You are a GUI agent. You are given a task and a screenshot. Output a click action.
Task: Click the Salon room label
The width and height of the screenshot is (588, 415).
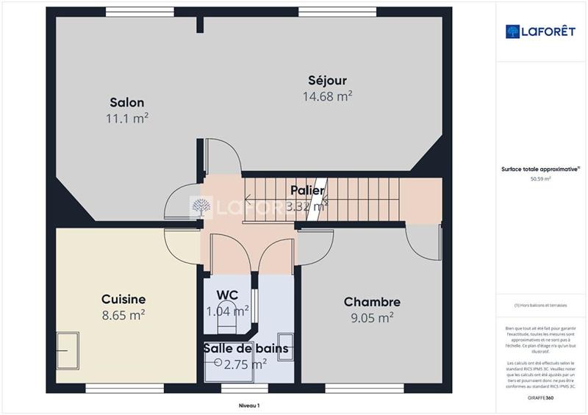[x=126, y=102]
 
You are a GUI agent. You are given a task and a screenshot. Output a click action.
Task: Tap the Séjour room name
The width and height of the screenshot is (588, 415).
[x=327, y=80]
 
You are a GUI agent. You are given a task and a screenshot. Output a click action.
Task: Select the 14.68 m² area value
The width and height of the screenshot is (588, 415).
[x=327, y=95]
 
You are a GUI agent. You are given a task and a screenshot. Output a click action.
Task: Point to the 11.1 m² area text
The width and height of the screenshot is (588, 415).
[x=126, y=118]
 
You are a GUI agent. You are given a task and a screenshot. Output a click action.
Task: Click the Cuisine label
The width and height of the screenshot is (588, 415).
[x=123, y=299]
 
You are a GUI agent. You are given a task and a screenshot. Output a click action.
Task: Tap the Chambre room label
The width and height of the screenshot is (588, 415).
[x=372, y=302]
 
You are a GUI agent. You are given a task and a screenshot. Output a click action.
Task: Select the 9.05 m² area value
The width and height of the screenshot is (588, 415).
[x=372, y=317]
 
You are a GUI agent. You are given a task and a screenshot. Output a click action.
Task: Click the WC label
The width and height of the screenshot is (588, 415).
[x=227, y=295]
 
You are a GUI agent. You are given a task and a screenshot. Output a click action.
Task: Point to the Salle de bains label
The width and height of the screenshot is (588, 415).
[x=238, y=347]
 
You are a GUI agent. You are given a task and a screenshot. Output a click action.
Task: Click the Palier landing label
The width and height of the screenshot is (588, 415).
[x=307, y=191]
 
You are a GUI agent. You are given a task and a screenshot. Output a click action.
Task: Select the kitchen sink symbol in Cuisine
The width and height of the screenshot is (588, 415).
[x=68, y=350]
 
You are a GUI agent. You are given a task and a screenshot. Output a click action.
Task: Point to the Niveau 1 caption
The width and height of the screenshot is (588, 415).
[x=249, y=405]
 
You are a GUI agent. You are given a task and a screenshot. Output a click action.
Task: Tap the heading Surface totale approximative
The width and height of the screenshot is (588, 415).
[x=540, y=169]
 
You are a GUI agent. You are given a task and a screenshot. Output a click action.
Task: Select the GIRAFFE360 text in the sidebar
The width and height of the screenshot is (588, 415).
[x=540, y=397]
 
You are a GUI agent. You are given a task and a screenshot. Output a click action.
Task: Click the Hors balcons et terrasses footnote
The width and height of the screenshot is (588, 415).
[x=540, y=305]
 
